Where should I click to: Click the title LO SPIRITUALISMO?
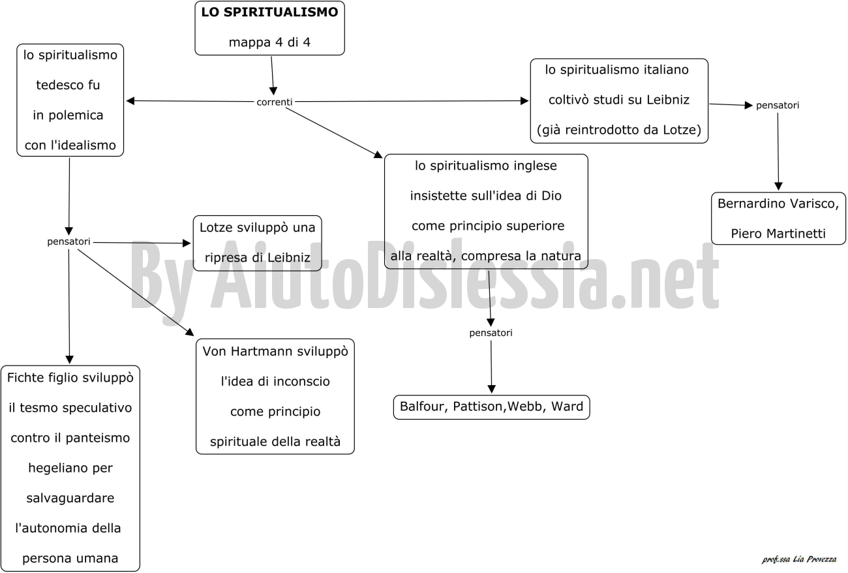(x=269, y=12)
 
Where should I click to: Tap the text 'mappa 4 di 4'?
(x=269, y=42)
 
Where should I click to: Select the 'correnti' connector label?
(x=275, y=102)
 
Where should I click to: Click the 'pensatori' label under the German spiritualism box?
(x=68, y=241)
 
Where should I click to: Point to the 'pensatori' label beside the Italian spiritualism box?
(x=778, y=105)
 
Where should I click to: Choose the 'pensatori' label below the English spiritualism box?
(x=491, y=333)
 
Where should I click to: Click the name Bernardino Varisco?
(x=778, y=204)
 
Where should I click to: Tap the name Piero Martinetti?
(x=778, y=234)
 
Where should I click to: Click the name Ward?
(x=567, y=407)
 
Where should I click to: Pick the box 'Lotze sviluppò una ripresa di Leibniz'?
(x=258, y=243)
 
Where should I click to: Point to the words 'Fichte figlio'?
(x=43, y=378)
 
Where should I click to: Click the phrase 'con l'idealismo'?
(x=70, y=146)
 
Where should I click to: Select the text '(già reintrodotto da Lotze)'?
(x=619, y=131)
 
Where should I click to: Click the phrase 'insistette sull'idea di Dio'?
(x=486, y=196)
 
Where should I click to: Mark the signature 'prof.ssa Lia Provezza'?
(x=799, y=559)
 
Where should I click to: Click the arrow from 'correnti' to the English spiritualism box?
(x=334, y=133)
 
